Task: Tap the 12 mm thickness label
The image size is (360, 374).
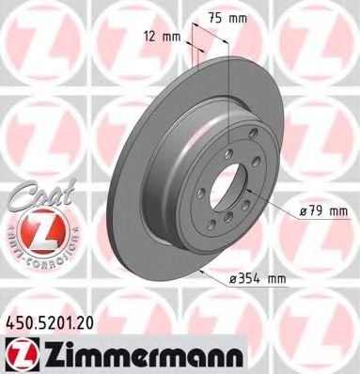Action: click(164, 37)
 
